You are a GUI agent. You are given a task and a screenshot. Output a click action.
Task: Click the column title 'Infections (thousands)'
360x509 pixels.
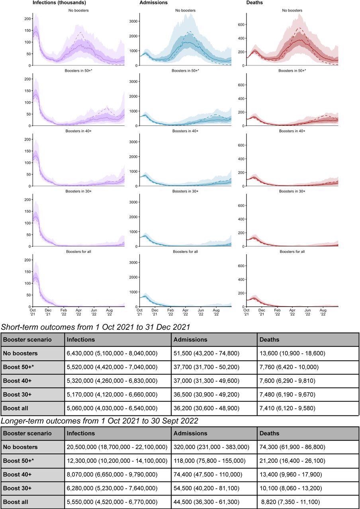click(x=59, y=2)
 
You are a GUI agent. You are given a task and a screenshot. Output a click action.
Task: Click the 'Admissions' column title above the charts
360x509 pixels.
click(x=153, y=2)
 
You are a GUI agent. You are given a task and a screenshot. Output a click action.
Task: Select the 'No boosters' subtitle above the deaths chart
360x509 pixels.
click(x=292, y=10)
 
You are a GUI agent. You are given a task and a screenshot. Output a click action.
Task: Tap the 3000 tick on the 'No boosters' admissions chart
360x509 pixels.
click(x=133, y=21)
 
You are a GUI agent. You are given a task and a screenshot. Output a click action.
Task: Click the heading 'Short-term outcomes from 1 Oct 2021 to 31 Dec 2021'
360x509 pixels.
click(x=96, y=327)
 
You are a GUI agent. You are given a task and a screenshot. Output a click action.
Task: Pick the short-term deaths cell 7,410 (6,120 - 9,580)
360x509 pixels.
click(x=287, y=408)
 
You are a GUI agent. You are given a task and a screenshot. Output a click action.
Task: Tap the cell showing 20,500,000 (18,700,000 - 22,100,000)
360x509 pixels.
click(x=117, y=447)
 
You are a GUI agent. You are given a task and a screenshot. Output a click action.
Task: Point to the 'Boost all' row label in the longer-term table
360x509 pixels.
click(x=16, y=502)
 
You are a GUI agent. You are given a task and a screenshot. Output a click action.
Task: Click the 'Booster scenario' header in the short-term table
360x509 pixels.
click(x=27, y=340)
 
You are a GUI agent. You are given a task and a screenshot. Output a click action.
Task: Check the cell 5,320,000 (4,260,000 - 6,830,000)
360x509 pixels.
click(x=112, y=381)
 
